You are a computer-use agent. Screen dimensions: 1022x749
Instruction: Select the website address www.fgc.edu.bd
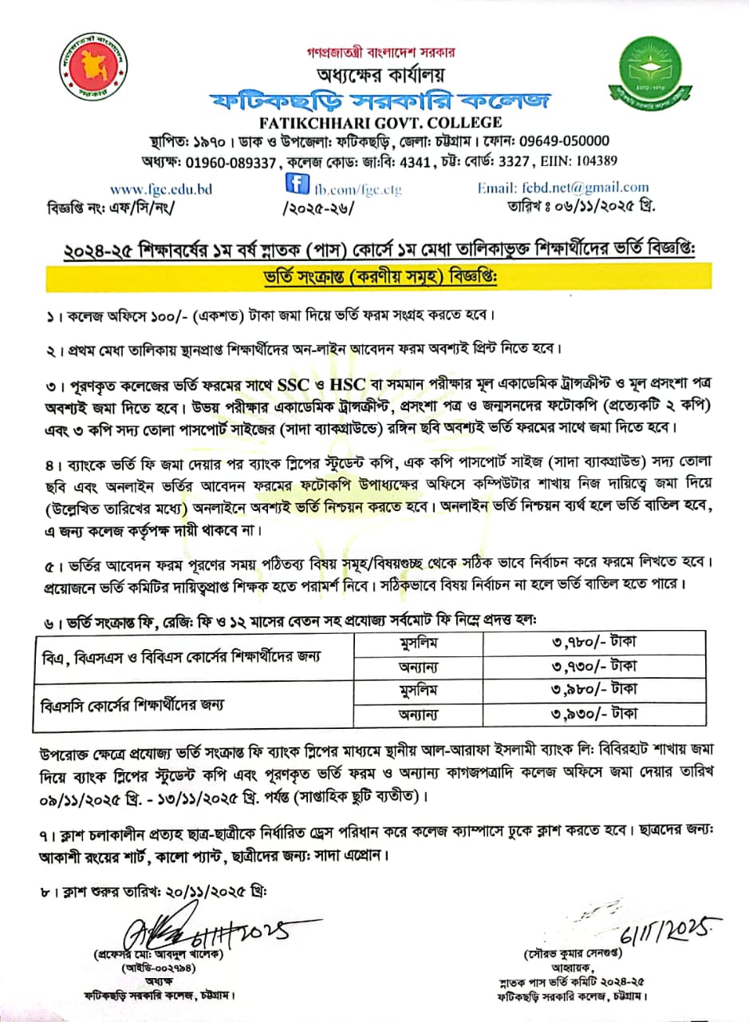point(161,189)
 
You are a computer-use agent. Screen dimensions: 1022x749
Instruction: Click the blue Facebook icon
point(298,185)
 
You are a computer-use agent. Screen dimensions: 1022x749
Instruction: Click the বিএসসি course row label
point(132,704)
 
